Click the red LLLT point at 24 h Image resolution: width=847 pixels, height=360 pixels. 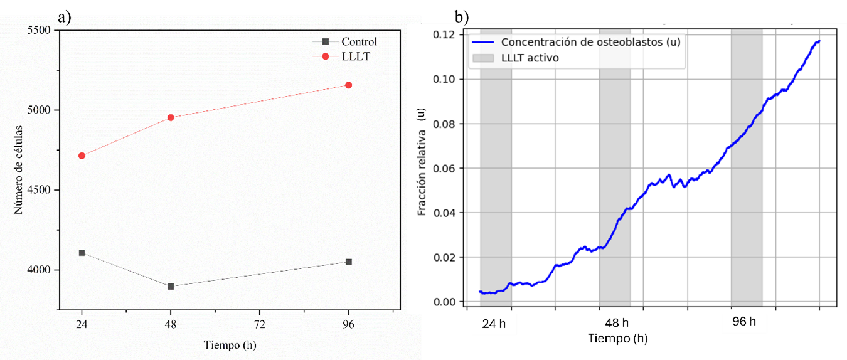(82, 156)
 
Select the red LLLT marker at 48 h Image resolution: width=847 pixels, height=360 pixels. (171, 117)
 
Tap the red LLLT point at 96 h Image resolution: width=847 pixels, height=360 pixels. (349, 85)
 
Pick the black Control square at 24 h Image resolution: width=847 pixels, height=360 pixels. (82, 253)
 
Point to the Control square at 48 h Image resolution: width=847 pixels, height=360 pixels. (171, 286)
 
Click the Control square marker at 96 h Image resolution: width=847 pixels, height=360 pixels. (349, 262)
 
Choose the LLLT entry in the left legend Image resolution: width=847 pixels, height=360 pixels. (354, 56)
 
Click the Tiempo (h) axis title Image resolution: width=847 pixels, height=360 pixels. (230, 345)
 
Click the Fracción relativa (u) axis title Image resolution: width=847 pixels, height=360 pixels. (421, 162)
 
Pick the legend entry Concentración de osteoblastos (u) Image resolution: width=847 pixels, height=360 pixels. (590, 42)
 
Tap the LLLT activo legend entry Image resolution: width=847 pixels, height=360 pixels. (530, 58)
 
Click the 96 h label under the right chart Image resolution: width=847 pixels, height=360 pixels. (744, 322)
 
